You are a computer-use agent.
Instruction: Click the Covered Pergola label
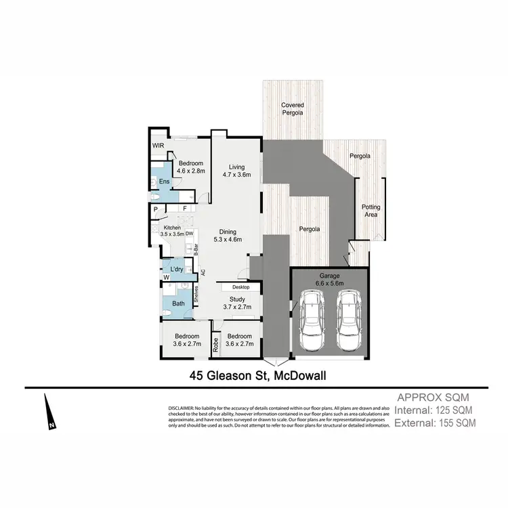(293, 109)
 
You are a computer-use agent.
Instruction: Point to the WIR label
(158, 146)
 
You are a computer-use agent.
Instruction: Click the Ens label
(165, 182)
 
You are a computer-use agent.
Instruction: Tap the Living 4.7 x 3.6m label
(236, 171)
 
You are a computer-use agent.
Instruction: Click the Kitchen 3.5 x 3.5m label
(173, 231)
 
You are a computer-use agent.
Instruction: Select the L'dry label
(177, 270)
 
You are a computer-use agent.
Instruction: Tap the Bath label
(177, 303)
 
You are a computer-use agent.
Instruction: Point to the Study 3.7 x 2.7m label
(237, 303)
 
